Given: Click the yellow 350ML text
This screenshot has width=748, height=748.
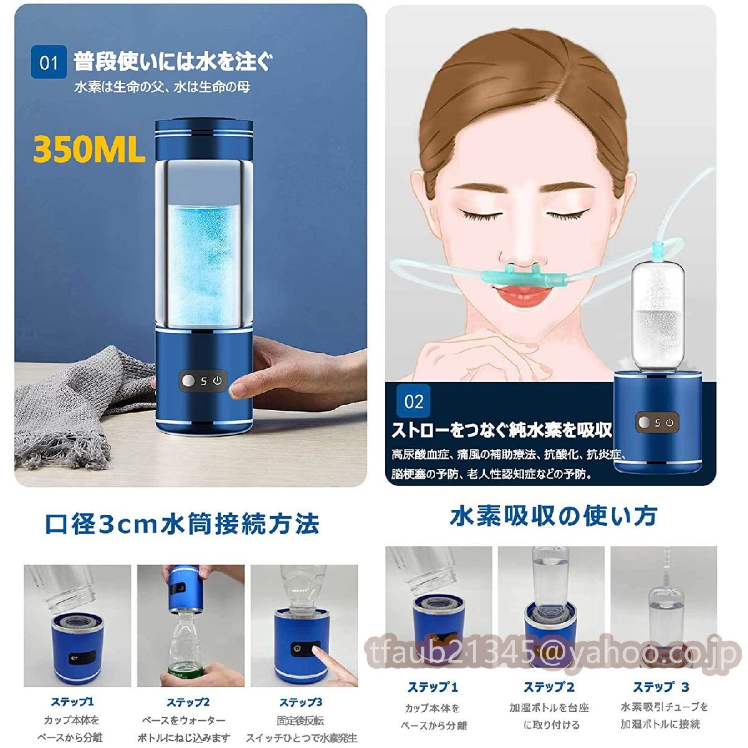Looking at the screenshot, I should (89, 150).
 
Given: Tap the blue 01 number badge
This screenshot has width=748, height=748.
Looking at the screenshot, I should (49, 63).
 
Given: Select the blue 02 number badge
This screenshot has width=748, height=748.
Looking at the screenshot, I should (413, 401).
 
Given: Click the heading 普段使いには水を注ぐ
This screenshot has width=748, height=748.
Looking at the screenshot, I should (173, 62).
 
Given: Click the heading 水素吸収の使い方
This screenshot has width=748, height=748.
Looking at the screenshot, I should (554, 516).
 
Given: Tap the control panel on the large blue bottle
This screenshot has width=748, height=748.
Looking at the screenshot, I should (203, 381).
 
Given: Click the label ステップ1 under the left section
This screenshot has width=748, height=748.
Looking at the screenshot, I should (72, 702).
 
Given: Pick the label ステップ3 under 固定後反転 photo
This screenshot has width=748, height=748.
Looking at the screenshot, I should (301, 702).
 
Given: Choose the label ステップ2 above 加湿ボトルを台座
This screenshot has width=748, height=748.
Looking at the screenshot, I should (549, 688).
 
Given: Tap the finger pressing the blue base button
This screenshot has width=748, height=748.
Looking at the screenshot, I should (324, 654).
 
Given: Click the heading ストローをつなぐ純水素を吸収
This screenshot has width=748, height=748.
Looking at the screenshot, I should (502, 430).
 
